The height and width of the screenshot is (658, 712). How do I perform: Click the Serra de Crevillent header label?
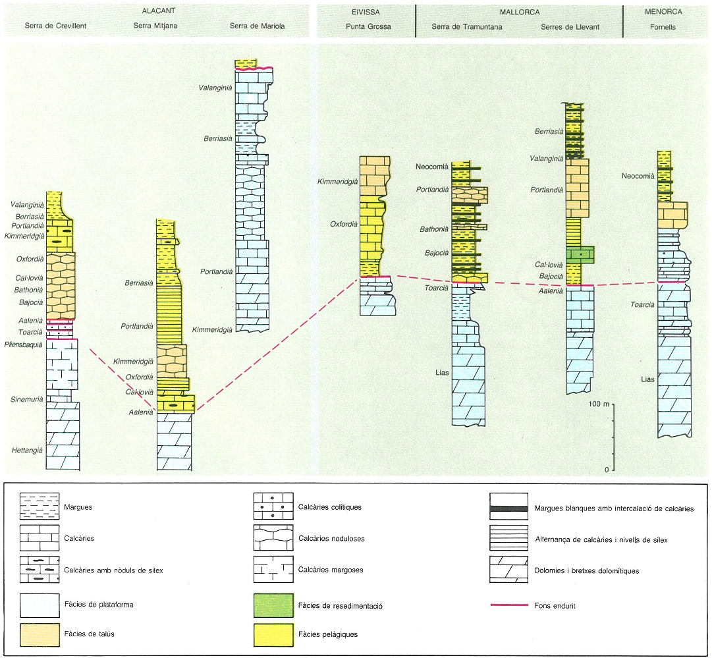tap(55, 26)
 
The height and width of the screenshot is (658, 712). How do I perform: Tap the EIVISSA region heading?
tap(366, 12)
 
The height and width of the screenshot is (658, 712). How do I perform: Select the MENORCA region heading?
tap(663, 11)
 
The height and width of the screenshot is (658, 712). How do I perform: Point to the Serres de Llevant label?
tap(570, 27)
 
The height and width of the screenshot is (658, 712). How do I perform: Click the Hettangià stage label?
tap(27, 450)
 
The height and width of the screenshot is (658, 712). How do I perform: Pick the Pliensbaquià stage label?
tap(23, 344)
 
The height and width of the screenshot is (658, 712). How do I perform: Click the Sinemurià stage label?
tap(27, 399)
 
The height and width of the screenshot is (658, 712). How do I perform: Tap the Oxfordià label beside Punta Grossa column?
tap(344, 224)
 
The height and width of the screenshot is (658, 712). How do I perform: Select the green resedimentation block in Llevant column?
tap(580, 255)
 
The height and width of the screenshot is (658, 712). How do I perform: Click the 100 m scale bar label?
tap(599, 404)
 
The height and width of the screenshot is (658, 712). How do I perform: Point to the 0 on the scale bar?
tap(607, 470)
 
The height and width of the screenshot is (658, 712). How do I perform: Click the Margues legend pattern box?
tap(40, 506)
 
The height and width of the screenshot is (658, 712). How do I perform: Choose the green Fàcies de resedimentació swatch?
tap(273, 605)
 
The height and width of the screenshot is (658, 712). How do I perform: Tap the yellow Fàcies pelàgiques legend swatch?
tap(273, 634)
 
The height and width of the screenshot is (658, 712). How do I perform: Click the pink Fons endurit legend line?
tap(509, 605)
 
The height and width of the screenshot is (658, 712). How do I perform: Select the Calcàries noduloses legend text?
tap(331, 539)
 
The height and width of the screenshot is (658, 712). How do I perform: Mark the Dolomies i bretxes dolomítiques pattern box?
tap(508, 570)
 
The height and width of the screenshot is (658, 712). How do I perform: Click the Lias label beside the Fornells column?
tap(647, 379)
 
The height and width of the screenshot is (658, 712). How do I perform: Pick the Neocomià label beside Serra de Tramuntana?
tap(432, 167)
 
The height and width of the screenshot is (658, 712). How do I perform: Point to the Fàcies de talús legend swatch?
tap(40, 634)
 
